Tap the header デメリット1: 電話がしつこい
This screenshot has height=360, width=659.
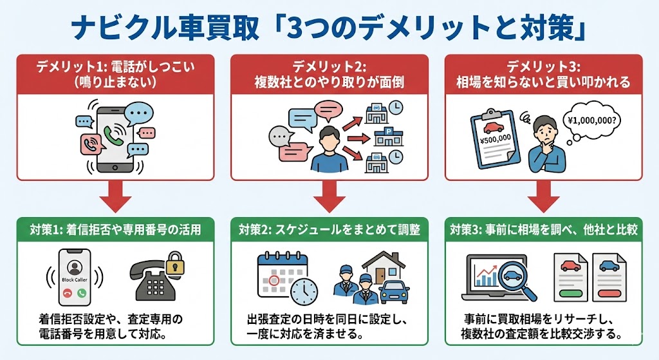click(115, 74)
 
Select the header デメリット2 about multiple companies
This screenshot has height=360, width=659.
click(329, 74)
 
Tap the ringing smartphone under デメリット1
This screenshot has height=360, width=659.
click(114, 137)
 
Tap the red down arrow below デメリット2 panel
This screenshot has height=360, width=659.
click(329, 196)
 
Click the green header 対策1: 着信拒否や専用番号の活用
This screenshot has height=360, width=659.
click(115, 229)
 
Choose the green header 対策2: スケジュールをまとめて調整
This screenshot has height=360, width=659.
click(329, 229)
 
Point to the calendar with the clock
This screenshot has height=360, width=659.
click(286, 278)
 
